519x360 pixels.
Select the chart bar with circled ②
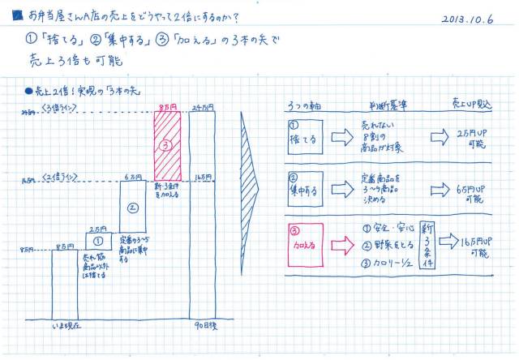(x=131, y=206)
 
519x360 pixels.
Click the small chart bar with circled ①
(x=97, y=240)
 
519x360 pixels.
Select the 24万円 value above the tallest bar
(x=203, y=106)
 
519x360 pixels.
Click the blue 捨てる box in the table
(x=304, y=136)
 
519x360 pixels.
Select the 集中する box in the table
(x=304, y=190)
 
